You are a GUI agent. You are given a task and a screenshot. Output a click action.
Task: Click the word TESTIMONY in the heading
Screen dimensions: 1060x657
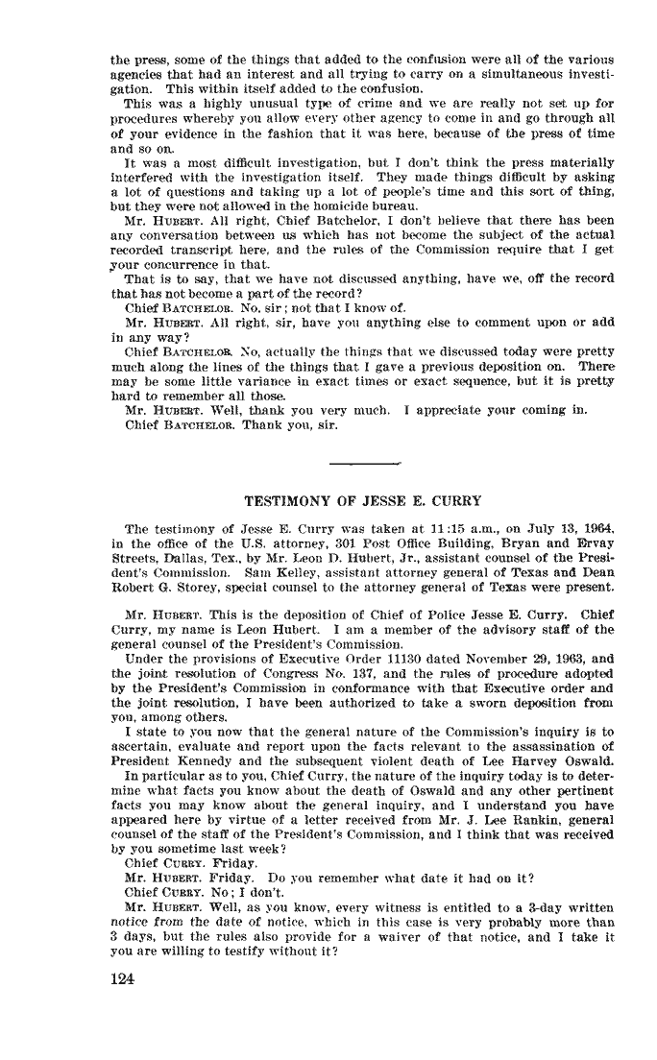pyautogui.click(x=283, y=500)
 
